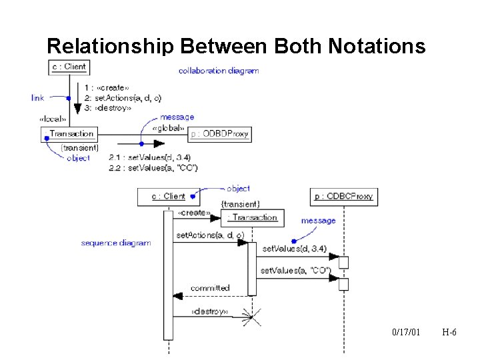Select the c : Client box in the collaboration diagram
coord(69,67)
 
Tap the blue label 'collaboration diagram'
coord(219,71)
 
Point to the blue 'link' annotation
coord(38,98)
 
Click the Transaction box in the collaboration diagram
coord(71,134)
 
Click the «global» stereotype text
coord(167,129)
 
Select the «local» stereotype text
coord(53,119)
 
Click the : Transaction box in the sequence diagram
coord(253,217)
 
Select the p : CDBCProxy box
coord(343,197)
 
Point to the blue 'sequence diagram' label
coord(115,243)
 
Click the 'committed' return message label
coord(210,288)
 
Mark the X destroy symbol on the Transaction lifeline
coord(251,315)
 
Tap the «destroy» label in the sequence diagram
coord(209,311)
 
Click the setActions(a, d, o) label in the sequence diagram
coord(210,235)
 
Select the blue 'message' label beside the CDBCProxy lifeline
coord(318,221)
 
